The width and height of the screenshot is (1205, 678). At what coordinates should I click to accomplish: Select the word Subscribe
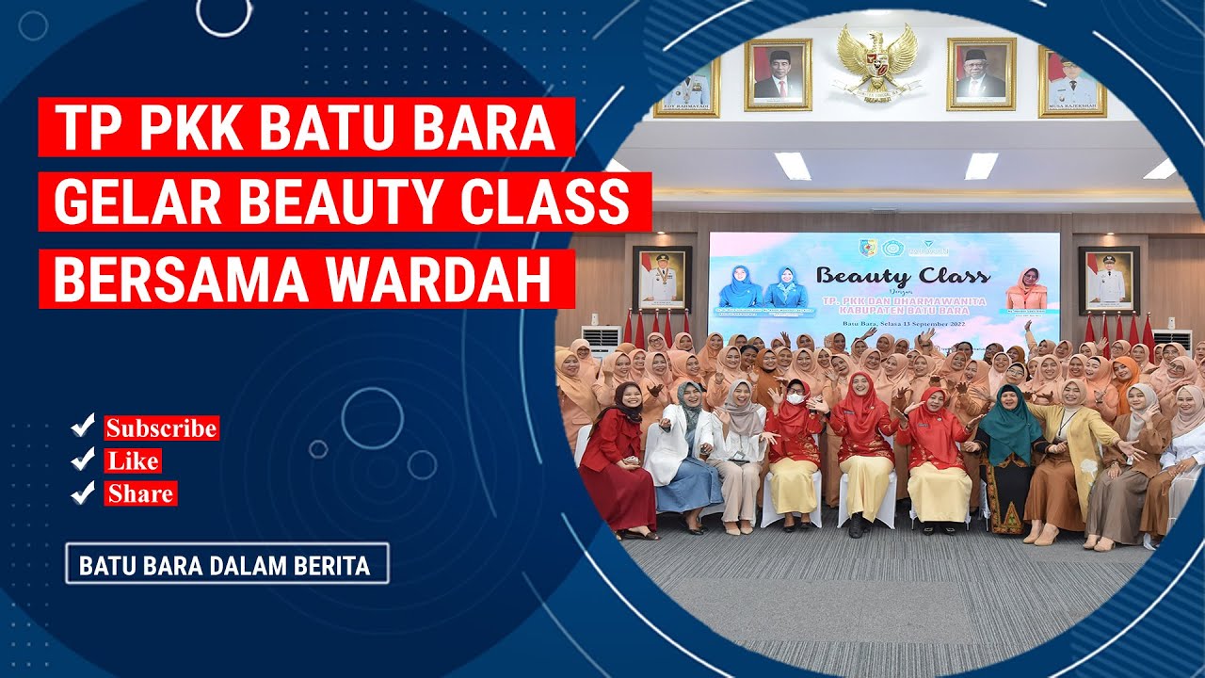pyautogui.click(x=161, y=428)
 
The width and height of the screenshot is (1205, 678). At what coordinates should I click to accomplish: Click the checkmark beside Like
pyautogui.click(x=84, y=460)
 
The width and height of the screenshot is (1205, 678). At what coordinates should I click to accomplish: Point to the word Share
pyautogui.click(x=140, y=493)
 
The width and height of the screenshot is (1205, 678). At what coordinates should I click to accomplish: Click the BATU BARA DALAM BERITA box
pyautogui.click(x=226, y=564)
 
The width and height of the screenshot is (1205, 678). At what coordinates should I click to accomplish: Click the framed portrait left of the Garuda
pyautogui.click(x=778, y=73)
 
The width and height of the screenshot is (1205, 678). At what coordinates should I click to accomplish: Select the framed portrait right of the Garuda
pyautogui.click(x=980, y=73)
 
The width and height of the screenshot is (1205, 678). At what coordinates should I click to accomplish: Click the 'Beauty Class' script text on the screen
pyautogui.click(x=902, y=276)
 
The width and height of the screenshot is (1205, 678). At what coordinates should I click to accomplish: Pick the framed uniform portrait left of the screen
pyautogui.click(x=662, y=280)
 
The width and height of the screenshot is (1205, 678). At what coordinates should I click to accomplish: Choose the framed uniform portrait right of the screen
pyautogui.click(x=1108, y=280)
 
